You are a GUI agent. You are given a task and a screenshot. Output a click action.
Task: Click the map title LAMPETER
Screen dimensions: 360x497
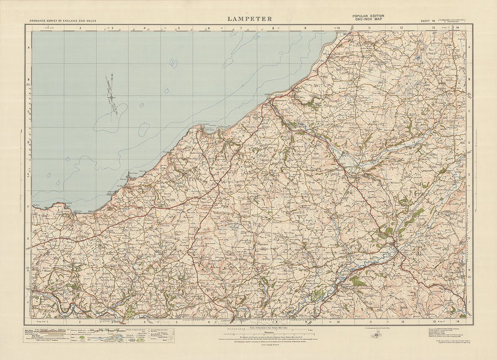[x=249, y=18]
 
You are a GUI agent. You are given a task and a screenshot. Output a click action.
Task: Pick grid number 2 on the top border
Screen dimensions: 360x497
[x=80, y=27]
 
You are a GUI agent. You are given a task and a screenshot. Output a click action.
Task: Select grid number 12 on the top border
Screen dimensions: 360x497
[x=402, y=27]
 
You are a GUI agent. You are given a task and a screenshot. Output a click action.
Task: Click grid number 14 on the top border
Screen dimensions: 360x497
[x=458, y=27]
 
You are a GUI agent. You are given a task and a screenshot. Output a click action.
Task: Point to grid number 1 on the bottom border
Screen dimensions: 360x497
[x=48, y=321]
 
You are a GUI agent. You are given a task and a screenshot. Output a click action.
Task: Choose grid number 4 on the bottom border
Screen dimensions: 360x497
[x=145, y=321]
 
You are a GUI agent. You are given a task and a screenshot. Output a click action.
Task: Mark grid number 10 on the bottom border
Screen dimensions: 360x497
[x=337, y=321]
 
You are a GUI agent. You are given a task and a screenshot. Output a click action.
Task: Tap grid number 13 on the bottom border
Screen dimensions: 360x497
[x=434, y=321]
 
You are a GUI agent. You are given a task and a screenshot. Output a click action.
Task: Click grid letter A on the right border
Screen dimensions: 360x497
[x=469, y=48]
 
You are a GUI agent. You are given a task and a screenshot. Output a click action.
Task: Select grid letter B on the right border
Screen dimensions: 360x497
[x=469, y=80]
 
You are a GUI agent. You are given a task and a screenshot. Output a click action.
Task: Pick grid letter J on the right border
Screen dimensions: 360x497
[x=469, y=302]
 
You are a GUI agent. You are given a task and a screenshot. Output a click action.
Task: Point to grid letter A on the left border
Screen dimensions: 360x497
[x=28, y=48]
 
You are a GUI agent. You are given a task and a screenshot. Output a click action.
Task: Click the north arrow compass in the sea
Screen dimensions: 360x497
[x=112, y=95]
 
